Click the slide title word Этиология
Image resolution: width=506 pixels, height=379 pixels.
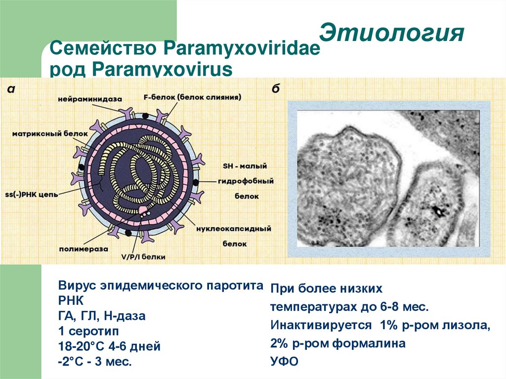(x=392, y=33)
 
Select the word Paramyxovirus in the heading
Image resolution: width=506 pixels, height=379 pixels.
(x=162, y=69)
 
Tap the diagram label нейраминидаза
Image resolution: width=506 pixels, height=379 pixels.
(x=90, y=99)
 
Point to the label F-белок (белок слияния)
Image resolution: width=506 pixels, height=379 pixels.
(x=192, y=97)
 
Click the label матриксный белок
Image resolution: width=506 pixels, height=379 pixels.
(x=50, y=133)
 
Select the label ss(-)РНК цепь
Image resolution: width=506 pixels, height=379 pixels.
(x=32, y=194)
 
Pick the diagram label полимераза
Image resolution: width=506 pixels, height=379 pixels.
(x=84, y=249)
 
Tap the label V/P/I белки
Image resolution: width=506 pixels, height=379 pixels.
(x=143, y=256)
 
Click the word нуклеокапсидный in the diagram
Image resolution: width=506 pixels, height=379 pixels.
(x=234, y=229)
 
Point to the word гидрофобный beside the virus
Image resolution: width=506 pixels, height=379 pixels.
(x=246, y=181)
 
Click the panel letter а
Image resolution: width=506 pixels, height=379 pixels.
(x=11, y=89)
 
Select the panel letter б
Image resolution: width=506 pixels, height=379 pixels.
(x=276, y=88)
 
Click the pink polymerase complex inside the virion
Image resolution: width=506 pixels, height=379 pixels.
(x=143, y=211)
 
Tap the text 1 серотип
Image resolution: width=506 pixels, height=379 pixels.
(x=88, y=331)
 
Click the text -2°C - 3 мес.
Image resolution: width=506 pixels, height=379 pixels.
(x=95, y=361)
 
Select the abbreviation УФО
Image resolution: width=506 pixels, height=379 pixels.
(x=284, y=361)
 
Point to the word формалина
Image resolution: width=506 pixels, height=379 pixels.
(x=369, y=343)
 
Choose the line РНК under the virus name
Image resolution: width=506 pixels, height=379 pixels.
(x=71, y=300)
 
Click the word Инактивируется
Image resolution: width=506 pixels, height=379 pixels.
(x=321, y=325)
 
